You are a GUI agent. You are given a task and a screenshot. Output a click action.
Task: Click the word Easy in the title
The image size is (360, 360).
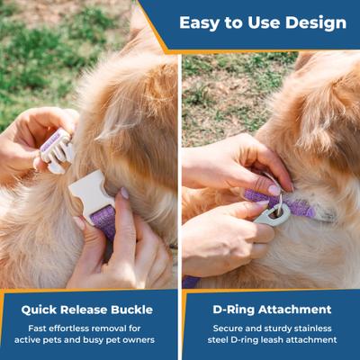(199, 23)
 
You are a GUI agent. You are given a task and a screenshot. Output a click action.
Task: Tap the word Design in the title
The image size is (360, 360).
(316, 22)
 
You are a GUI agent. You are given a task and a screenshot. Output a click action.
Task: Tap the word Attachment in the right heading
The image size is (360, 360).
(295, 310)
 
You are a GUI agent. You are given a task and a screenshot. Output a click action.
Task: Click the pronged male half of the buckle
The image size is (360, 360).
(57, 150)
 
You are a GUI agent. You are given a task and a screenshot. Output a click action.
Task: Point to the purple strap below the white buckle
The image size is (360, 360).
(103, 222)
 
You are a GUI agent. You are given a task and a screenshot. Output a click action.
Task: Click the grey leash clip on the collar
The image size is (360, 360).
(272, 216)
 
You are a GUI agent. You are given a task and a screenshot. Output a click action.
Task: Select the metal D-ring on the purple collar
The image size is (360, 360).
(280, 205)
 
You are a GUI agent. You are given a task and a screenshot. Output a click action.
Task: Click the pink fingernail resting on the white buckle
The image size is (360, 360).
(124, 193)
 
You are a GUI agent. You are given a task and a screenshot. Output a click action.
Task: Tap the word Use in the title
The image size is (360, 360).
(264, 22)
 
